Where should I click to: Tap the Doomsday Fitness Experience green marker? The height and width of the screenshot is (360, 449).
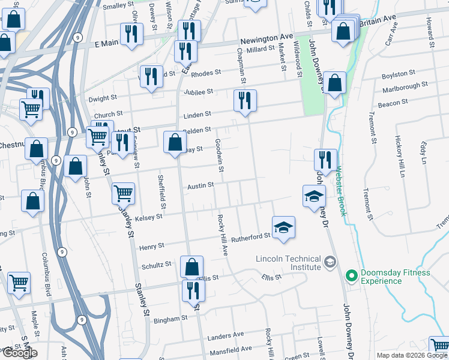click(x=351, y=276)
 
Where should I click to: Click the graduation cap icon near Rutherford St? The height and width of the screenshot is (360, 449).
click(x=284, y=227)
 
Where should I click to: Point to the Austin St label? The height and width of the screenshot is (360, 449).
click(x=200, y=186)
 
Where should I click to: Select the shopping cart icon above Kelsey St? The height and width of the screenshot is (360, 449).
click(x=123, y=193)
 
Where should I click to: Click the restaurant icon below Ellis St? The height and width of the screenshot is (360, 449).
click(x=193, y=290)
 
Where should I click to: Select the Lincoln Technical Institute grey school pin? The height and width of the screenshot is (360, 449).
click(x=330, y=262)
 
